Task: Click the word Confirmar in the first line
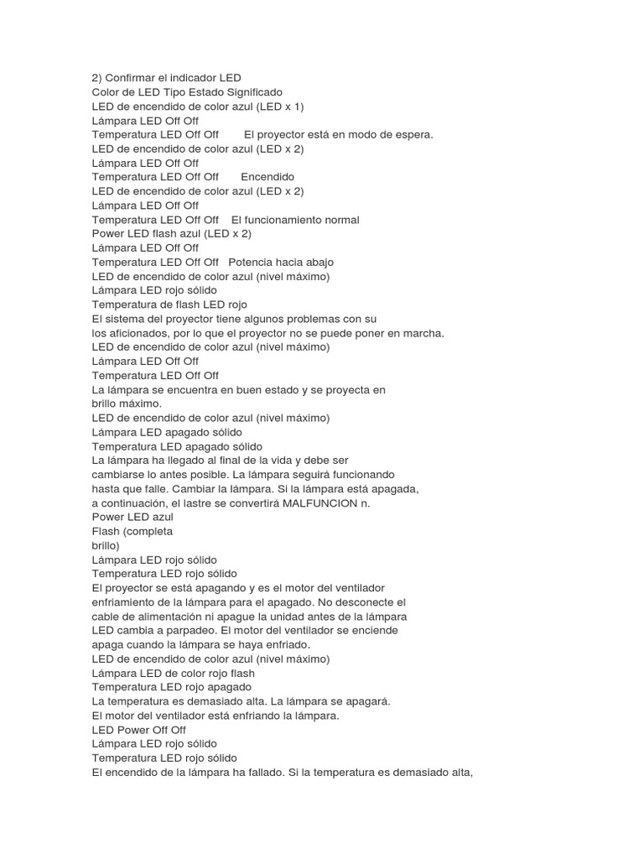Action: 130,78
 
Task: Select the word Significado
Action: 250,92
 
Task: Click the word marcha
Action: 423,333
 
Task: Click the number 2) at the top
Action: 96,78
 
